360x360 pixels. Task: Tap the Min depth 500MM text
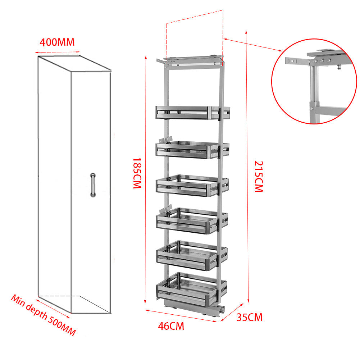click(44, 315)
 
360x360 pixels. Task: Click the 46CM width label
click(171, 326)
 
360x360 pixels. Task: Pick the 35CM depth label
click(250, 317)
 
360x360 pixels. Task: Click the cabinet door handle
click(93, 184)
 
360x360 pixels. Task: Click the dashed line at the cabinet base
click(58, 296)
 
